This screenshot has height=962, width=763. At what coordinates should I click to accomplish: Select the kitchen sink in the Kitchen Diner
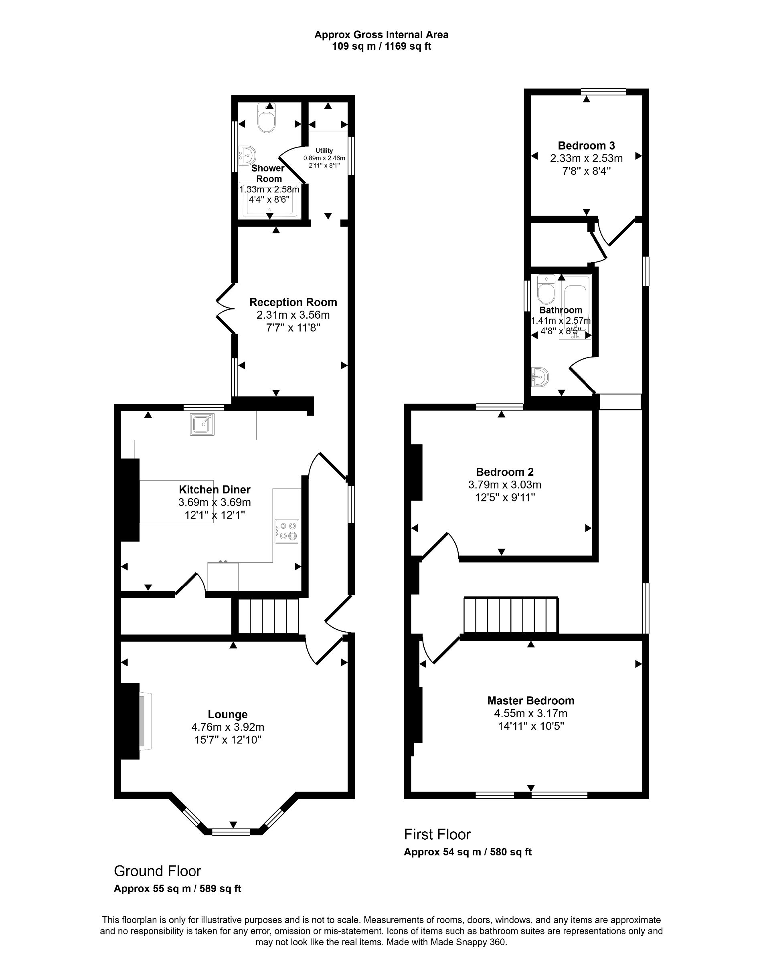(202, 424)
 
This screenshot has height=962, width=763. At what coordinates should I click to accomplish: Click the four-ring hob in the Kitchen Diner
(286, 531)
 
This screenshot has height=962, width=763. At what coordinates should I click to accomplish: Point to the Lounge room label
(228, 714)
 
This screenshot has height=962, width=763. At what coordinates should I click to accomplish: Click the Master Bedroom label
(530, 701)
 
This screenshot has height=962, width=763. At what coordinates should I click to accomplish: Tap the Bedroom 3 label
(586, 146)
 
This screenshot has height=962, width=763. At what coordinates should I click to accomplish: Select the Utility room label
(324, 151)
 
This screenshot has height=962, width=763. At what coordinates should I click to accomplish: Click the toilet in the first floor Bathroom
(546, 289)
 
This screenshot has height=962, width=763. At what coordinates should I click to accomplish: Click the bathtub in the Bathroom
(575, 307)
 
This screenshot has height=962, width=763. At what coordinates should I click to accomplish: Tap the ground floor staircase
(268, 616)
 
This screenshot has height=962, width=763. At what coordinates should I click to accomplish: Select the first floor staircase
(511, 615)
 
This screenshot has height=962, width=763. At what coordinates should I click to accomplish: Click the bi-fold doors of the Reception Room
(225, 308)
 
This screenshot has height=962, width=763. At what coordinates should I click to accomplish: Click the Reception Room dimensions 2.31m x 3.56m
(293, 315)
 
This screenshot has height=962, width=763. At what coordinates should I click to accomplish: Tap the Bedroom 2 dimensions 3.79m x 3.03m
(505, 485)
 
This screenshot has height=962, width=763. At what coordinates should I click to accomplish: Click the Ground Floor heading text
(158, 871)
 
